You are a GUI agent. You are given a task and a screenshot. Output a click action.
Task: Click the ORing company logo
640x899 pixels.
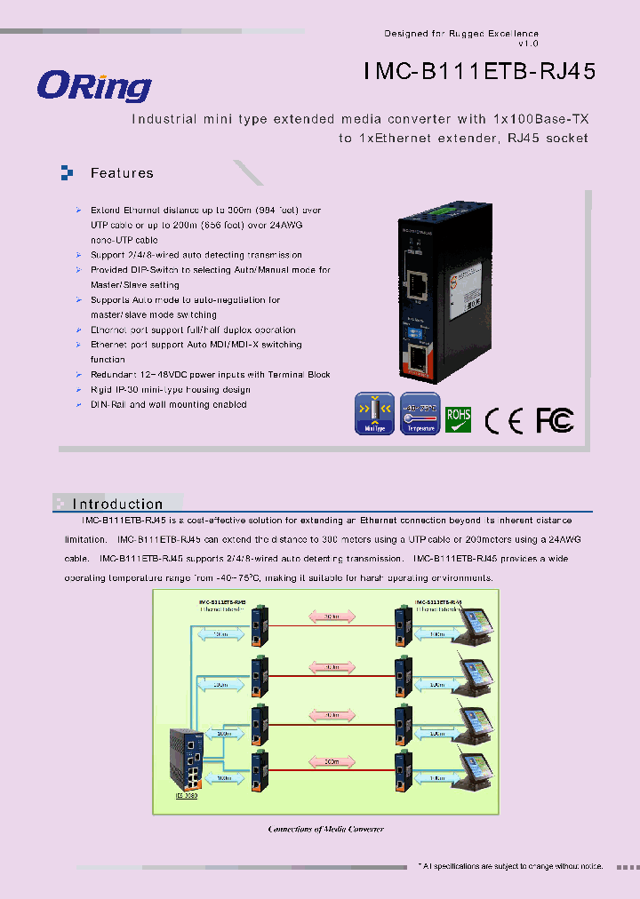tap(94, 86)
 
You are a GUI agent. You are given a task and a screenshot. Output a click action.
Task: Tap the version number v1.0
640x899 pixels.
tap(528, 44)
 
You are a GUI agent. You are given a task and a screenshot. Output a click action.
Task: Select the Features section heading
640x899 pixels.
tap(122, 173)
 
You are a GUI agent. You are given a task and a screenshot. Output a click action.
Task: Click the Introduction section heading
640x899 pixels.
tap(117, 504)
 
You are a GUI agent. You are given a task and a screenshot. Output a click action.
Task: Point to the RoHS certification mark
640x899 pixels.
tap(458, 419)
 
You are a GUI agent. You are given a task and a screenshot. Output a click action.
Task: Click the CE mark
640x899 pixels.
tap(504, 420)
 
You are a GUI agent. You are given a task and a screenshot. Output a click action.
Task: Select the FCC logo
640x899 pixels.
tap(555, 419)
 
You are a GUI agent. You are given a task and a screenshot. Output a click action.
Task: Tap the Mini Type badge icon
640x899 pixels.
tap(373, 413)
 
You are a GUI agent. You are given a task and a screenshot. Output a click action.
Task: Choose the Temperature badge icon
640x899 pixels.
tap(420, 413)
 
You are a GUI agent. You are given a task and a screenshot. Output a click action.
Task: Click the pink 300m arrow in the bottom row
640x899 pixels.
tap(330, 761)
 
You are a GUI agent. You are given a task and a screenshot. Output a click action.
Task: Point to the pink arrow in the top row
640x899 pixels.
tap(330, 616)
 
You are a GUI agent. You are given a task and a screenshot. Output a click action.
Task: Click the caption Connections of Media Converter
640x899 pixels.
tap(325, 829)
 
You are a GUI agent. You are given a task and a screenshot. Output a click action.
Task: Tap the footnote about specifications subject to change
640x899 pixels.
tap(510, 865)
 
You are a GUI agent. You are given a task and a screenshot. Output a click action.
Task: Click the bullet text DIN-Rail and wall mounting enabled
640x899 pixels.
tap(168, 404)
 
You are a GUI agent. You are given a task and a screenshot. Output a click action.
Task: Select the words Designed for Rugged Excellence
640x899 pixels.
tap(460, 34)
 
